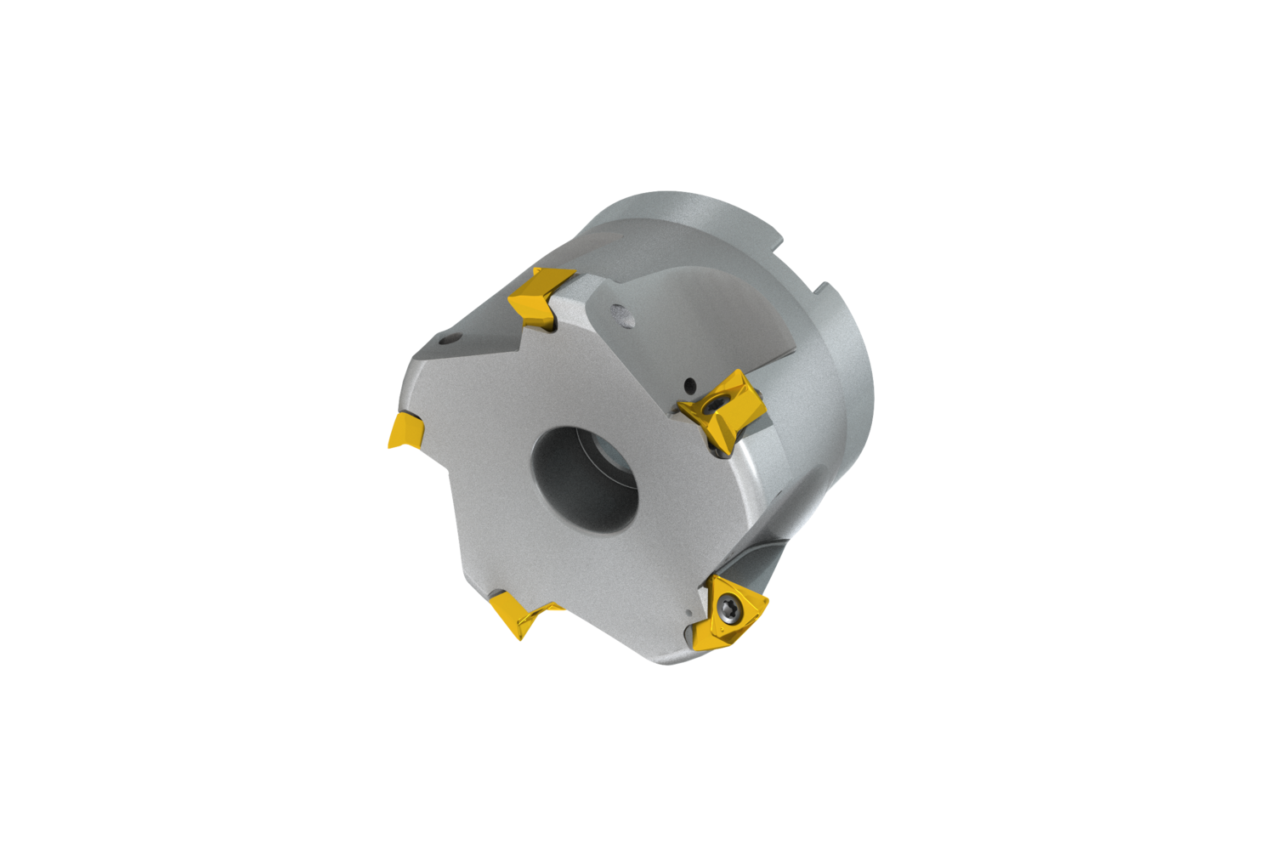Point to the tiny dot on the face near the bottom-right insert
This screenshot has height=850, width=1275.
point(687,609)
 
